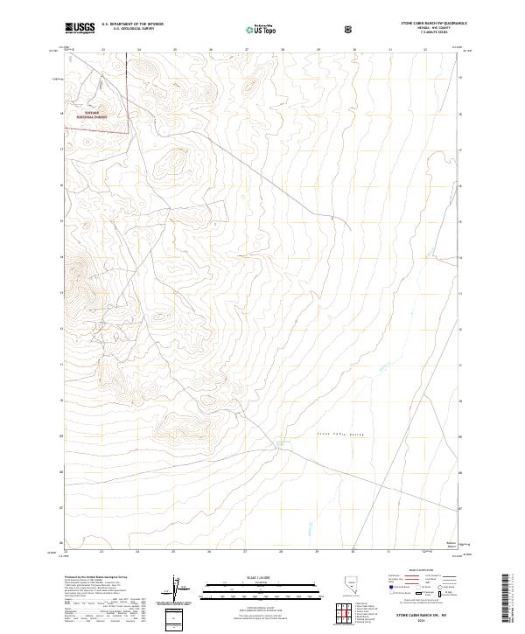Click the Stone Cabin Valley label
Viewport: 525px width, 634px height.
point(337,435)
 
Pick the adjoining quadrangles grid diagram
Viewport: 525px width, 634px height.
point(348,615)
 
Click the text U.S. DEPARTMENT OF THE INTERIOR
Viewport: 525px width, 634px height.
point(132,24)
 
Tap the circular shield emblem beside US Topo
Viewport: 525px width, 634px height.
point(350,29)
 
